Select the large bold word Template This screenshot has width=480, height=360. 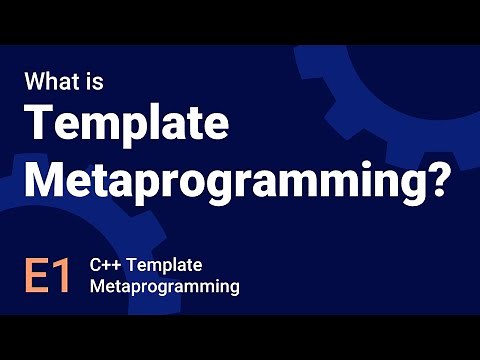pyautogui.click(x=127, y=126)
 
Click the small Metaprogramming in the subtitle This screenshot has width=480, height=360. pyautogui.click(x=164, y=287)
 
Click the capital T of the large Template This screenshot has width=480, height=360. pyautogui.click(x=40, y=126)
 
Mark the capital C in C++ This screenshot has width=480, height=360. pyautogui.click(x=96, y=266)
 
